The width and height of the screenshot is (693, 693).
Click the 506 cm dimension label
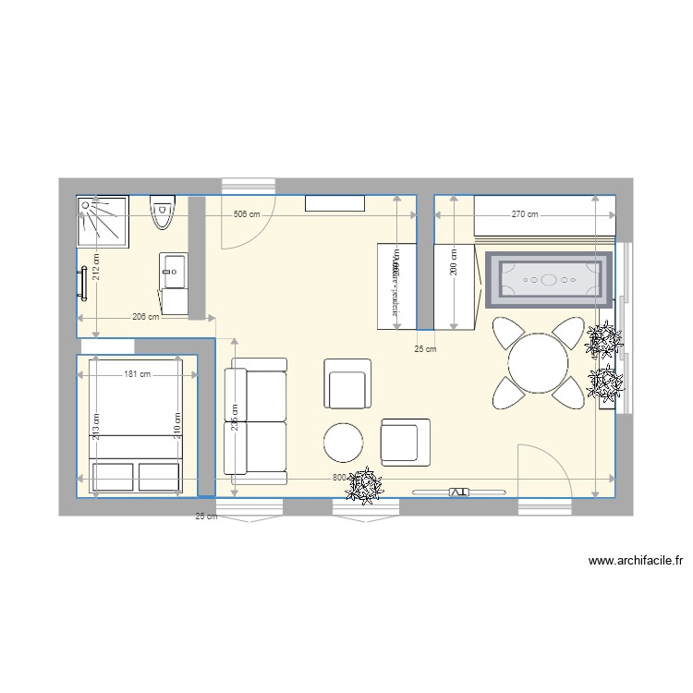coord(246,214)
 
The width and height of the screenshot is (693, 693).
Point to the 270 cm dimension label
coord(525,214)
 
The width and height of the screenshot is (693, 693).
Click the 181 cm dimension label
coord(138,374)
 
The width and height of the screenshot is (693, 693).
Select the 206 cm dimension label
coord(146,317)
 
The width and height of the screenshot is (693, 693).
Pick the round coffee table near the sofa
coord(344,442)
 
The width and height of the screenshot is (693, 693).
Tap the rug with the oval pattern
coord(548,278)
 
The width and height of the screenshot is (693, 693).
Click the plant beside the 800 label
coord(367,486)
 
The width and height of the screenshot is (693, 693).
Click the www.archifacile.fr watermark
coord(635,560)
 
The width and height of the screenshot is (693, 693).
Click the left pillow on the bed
coord(114,476)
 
